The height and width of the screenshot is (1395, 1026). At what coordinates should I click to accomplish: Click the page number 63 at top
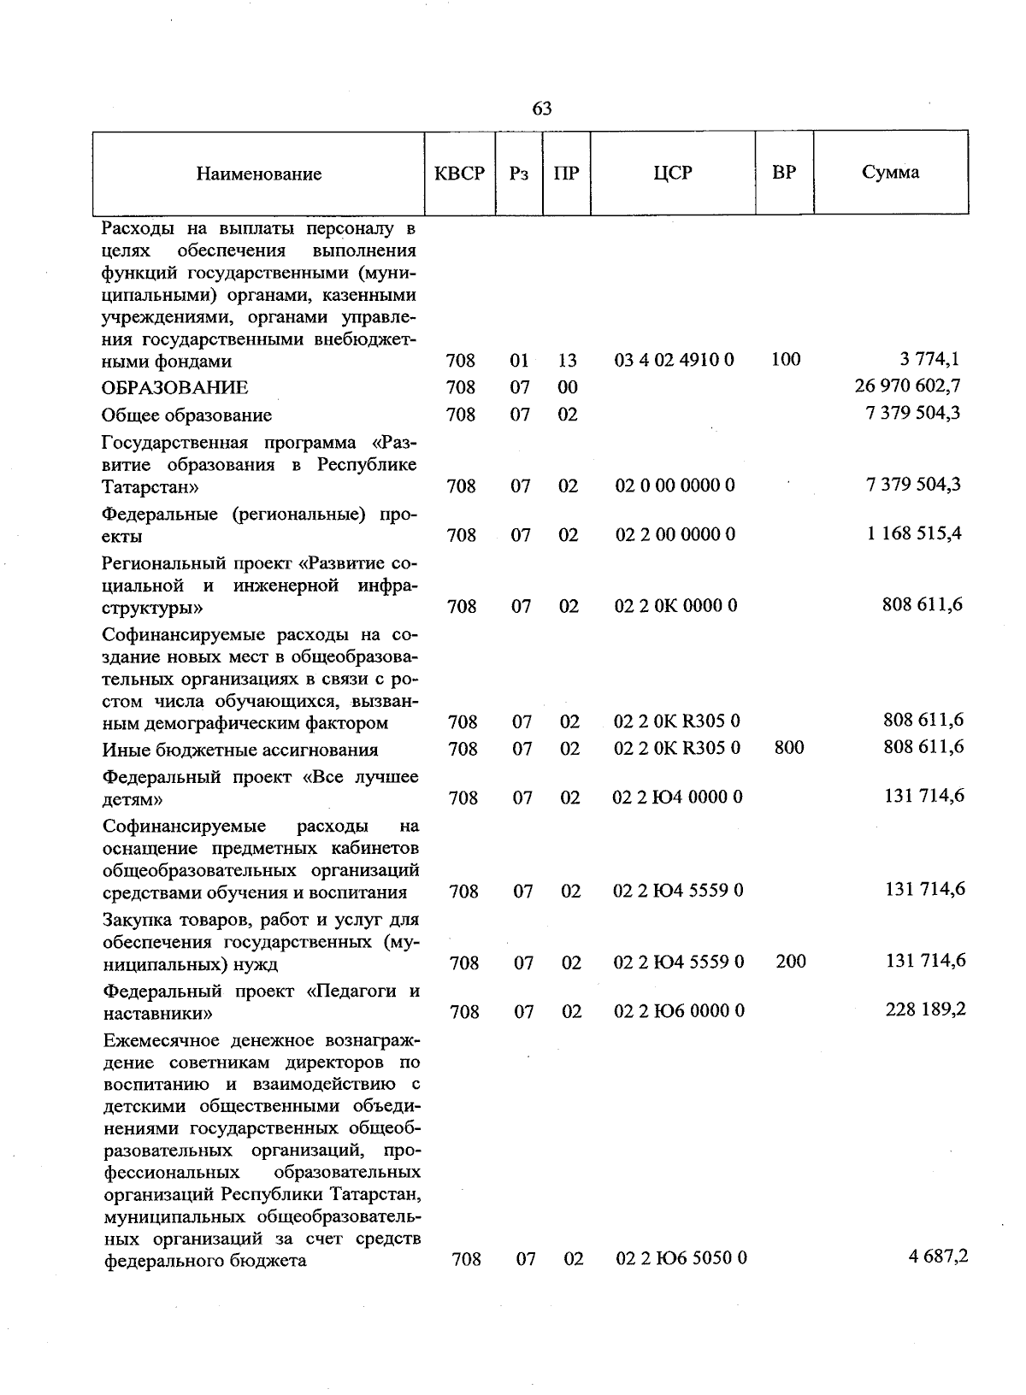pyautogui.click(x=542, y=109)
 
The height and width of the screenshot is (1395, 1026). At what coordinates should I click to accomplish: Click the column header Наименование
pyautogui.click(x=259, y=174)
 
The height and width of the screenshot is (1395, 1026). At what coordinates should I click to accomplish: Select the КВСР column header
pyautogui.click(x=460, y=174)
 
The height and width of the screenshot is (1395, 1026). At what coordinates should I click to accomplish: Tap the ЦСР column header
pyautogui.click(x=673, y=173)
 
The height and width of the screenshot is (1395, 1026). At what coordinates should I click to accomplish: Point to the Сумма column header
pyautogui.click(x=890, y=173)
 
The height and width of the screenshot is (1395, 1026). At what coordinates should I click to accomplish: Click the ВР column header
pyautogui.click(x=784, y=173)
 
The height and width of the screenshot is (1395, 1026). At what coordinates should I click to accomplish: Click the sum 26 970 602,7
pyautogui.click(x=907, y=386)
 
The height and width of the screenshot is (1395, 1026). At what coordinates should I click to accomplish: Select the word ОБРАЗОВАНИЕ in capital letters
pyautogui.click(x=175, y=388)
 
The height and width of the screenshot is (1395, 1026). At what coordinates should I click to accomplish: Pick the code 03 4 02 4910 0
pyautogui.click(x=674, y=360)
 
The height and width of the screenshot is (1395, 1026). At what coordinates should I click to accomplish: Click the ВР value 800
pyautogui.click(x=788, y=748)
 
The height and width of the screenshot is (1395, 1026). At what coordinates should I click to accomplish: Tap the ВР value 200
pyautogui.click(x=790, y=962)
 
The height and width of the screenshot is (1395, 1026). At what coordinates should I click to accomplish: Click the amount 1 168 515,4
pyautogui.click(x=914, y=533)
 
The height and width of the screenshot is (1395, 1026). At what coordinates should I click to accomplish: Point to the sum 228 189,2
pyautogui.click(x=925, y=1009)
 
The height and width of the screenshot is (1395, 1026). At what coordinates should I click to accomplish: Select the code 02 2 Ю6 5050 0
pyautogui.click(x=681, y=1258)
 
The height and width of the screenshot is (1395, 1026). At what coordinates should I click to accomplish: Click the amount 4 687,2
pyautogui.click(x=938, y=1257)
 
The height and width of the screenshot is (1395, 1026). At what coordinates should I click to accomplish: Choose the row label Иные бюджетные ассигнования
pyautogui.click(x=240, y=750)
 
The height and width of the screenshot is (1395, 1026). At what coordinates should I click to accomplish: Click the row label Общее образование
pyautogui.click(x=186, y=415)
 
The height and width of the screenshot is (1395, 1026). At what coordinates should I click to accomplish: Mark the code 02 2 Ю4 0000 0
pyautogui.click(x=678, y=798)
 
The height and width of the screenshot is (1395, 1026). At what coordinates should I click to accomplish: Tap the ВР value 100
pyautogui.click(x=786, y=360)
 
